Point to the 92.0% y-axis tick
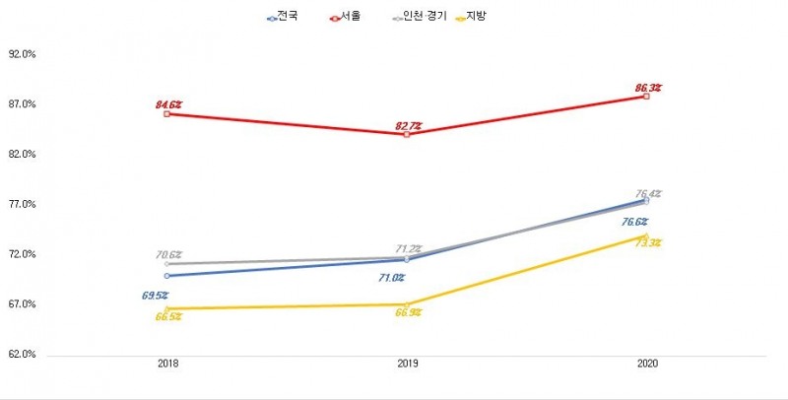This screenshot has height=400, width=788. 21,55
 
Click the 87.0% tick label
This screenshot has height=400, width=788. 21,105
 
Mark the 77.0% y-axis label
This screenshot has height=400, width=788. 21,205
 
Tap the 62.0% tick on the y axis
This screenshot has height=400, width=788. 21,355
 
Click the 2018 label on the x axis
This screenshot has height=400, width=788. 168,365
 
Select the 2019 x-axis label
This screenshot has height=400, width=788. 407,365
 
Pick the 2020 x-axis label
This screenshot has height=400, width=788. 646,365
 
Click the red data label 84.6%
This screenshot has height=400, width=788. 168,103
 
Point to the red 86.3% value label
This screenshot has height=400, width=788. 647,88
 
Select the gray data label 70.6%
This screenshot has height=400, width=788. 169,255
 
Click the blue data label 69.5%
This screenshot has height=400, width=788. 154,295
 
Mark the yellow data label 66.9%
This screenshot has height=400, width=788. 408,312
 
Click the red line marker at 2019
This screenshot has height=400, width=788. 407,134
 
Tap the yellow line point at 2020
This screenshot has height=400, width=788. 646,236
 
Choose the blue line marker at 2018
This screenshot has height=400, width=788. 167,276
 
